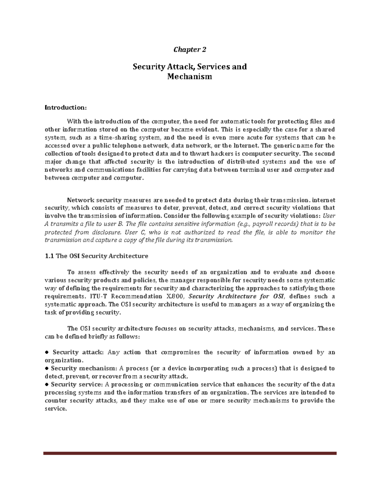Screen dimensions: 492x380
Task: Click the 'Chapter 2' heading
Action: [190, 50]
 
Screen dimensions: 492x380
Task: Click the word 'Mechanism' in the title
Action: [190, 76]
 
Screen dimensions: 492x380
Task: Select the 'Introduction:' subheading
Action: [66, 108]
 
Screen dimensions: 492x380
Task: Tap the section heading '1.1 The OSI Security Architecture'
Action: [97, 256]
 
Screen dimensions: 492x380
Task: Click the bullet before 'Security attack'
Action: [47, 352]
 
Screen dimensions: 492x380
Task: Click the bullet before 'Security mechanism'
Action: [47, 368]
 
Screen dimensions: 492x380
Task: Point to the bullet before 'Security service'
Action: [47, 385]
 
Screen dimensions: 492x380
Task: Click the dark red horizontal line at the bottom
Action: [190, 453]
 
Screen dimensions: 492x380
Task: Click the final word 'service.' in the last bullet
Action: [56, 409]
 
